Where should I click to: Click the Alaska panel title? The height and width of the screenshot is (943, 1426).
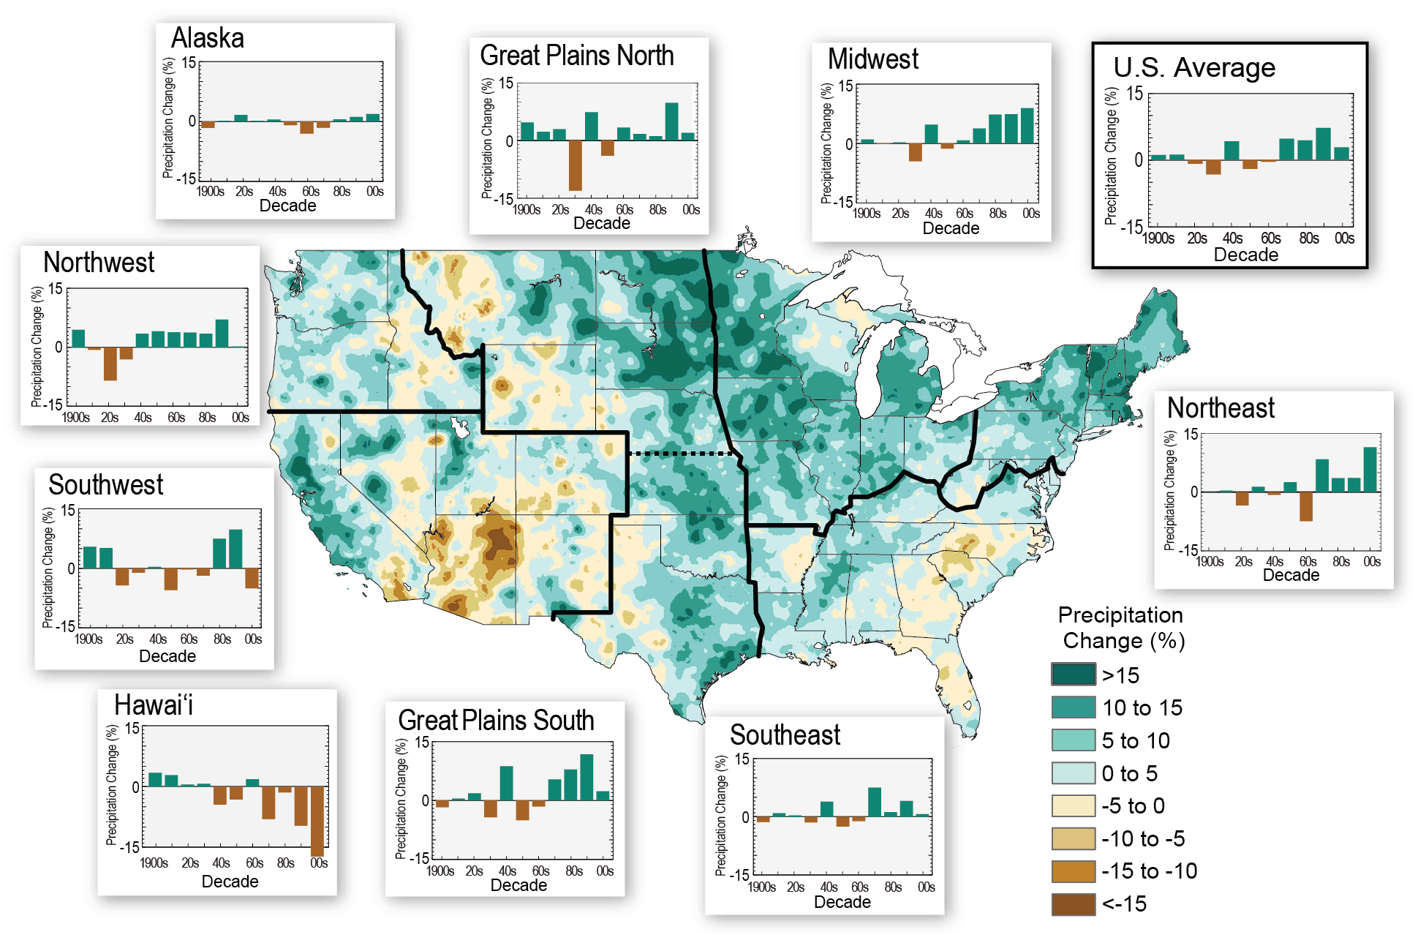coord(207,38)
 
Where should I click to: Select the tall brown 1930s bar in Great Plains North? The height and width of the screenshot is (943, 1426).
coord(575,165)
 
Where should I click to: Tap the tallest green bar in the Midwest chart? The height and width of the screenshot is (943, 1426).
coord(1027,126)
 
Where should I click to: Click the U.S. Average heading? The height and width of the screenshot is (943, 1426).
coord(1193,68)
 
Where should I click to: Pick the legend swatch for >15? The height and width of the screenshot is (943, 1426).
coord(1073,674)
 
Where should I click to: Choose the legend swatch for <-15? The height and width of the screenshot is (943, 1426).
coord(1073,904)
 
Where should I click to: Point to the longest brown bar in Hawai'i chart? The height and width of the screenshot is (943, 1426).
coord(317,821)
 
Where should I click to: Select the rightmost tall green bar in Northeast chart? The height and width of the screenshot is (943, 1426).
coord(1370,470)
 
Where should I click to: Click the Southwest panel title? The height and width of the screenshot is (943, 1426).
coord(106,485)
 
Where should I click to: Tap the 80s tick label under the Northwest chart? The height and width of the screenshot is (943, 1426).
coord(207,418)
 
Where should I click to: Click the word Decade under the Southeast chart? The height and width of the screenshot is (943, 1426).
coord(842,902)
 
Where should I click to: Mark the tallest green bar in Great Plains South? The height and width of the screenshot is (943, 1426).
coord(586,777)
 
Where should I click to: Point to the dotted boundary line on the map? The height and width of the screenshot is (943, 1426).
coord(680,454)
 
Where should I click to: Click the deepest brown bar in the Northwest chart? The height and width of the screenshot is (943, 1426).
coord(110,364)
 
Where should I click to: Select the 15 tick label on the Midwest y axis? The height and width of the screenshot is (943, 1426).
coord(845,86)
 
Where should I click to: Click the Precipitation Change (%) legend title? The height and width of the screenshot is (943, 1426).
coord(1122,628)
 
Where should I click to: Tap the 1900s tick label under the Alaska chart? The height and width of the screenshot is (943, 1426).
coord(210,192)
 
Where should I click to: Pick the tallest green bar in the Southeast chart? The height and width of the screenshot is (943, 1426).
coord(874,802)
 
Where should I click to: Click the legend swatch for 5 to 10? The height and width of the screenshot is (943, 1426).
coord(1073,740)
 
